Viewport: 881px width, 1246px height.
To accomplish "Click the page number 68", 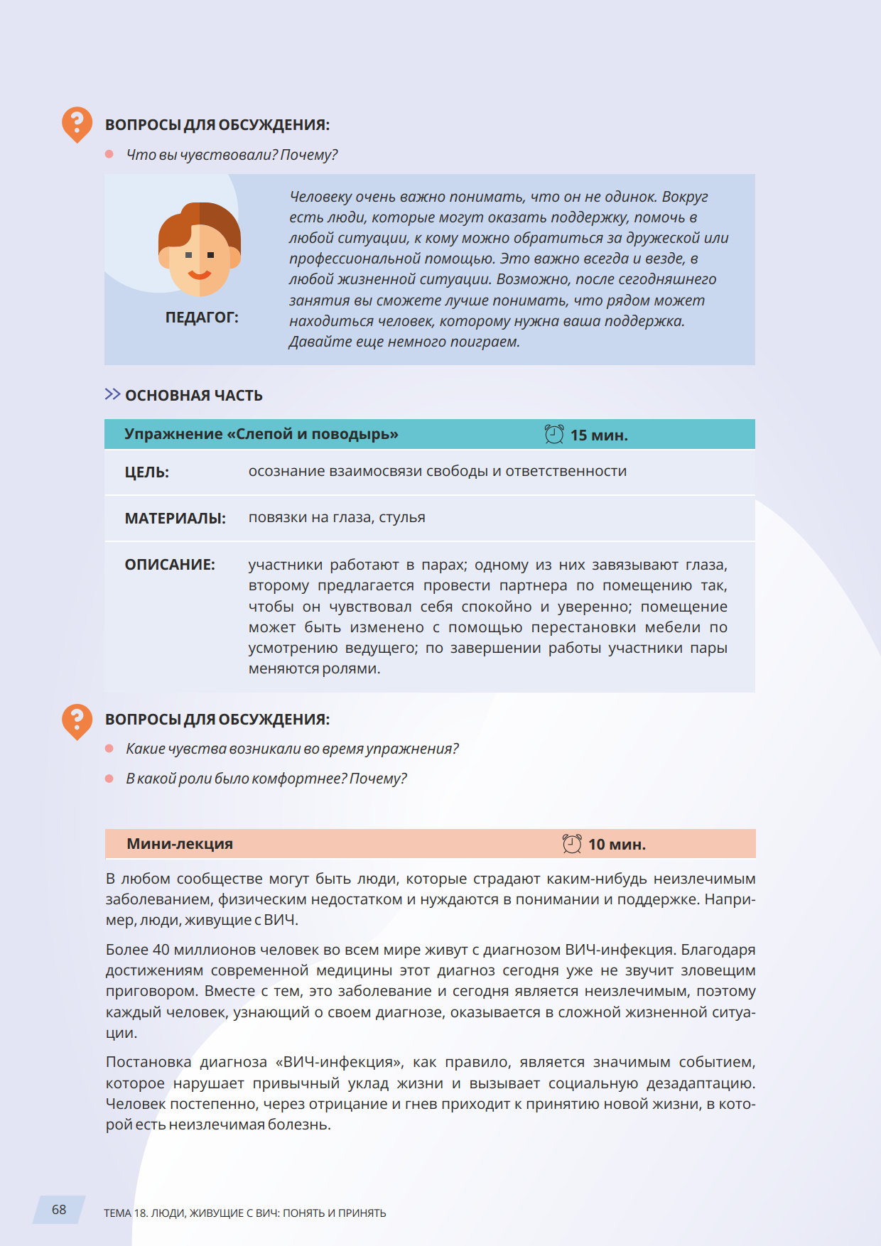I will (59, 1210).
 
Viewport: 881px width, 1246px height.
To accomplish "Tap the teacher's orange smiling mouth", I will (199, 275).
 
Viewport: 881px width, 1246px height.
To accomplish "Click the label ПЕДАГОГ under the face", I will (202, 318).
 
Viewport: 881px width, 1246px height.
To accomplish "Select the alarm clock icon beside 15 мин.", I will (554, 434).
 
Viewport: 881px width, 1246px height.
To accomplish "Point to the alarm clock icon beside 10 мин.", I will (572, 844).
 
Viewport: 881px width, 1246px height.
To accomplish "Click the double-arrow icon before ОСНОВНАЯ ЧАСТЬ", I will (112, 394).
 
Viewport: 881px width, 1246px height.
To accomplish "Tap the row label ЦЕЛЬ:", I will (147, 472).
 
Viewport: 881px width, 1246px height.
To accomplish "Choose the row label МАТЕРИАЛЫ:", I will (175, 519).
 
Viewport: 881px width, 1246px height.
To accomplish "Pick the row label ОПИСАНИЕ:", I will (170, 565).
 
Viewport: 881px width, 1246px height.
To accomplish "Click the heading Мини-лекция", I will (180, 844).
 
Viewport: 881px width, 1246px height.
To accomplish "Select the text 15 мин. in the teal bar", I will (599, 435).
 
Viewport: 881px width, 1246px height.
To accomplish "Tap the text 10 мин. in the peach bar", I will (617, 845).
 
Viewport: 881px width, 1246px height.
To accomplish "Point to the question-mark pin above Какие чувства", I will (77, 720).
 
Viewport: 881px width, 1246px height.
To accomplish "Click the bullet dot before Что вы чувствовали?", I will (109, 154).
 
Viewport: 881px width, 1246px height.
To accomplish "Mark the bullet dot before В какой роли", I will (109, 779).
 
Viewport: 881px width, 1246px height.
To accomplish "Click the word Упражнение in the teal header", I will (173, 434).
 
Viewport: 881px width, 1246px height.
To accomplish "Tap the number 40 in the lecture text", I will (161, 950).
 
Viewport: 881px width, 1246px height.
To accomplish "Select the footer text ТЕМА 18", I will (126, 1213).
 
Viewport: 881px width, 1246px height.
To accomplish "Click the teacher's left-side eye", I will (188, 254).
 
